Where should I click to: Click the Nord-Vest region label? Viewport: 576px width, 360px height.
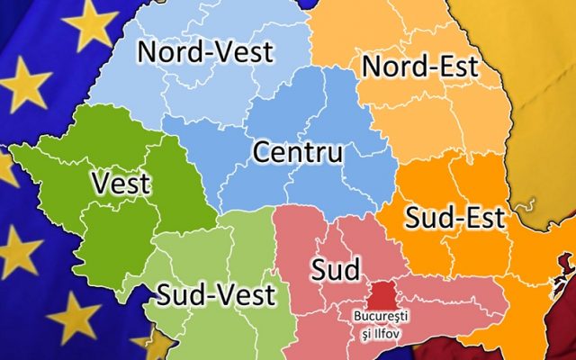click(204, 52)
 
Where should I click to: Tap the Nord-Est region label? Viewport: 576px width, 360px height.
click(419, 67)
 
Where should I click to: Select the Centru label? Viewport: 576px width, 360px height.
click(297, 152)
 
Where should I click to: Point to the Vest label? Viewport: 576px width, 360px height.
click(121, 184)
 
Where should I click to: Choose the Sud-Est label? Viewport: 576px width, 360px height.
click(454, 217)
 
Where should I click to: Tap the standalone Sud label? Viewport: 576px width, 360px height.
click(336, 269)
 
